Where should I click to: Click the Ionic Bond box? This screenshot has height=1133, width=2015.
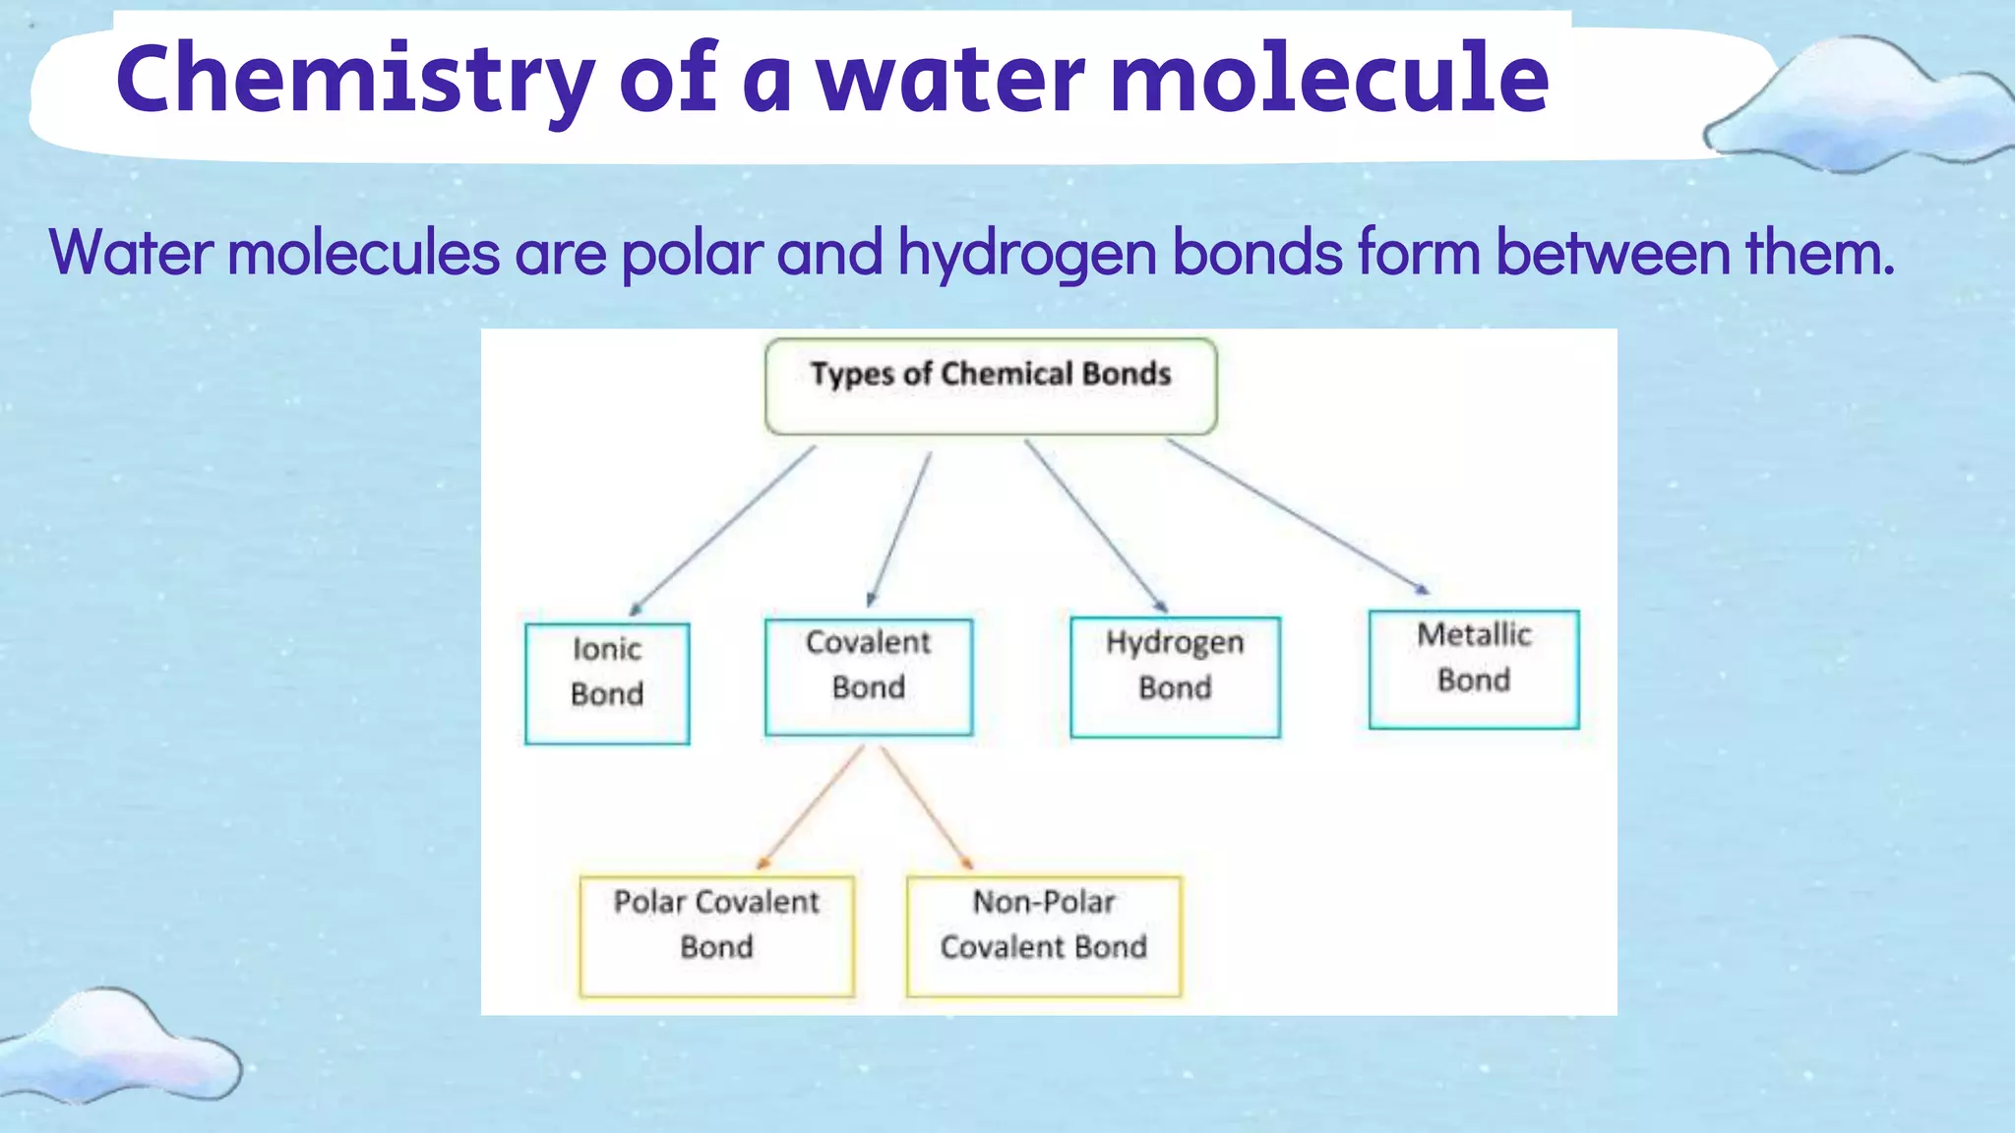pos(607,684)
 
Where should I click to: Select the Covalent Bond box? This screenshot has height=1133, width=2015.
pos(869,677)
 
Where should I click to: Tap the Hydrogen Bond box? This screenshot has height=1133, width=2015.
pos(1175,677)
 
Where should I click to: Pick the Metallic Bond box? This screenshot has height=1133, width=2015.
pos(1474,670)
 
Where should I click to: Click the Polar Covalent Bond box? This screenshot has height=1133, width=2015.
pos(716,935)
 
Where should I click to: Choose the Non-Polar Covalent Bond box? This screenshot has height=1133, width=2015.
pos(1044,935)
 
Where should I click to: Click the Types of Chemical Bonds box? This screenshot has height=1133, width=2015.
pos(991,386)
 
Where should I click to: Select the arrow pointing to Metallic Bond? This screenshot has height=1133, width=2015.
pos(1297,515)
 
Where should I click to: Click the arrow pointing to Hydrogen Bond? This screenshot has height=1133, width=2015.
pos(1095,525)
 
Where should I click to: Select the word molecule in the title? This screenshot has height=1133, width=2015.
pos(1328,79)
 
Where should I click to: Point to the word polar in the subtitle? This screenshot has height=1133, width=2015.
pos(692,254)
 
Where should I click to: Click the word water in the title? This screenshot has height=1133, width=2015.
pos(949,79)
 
